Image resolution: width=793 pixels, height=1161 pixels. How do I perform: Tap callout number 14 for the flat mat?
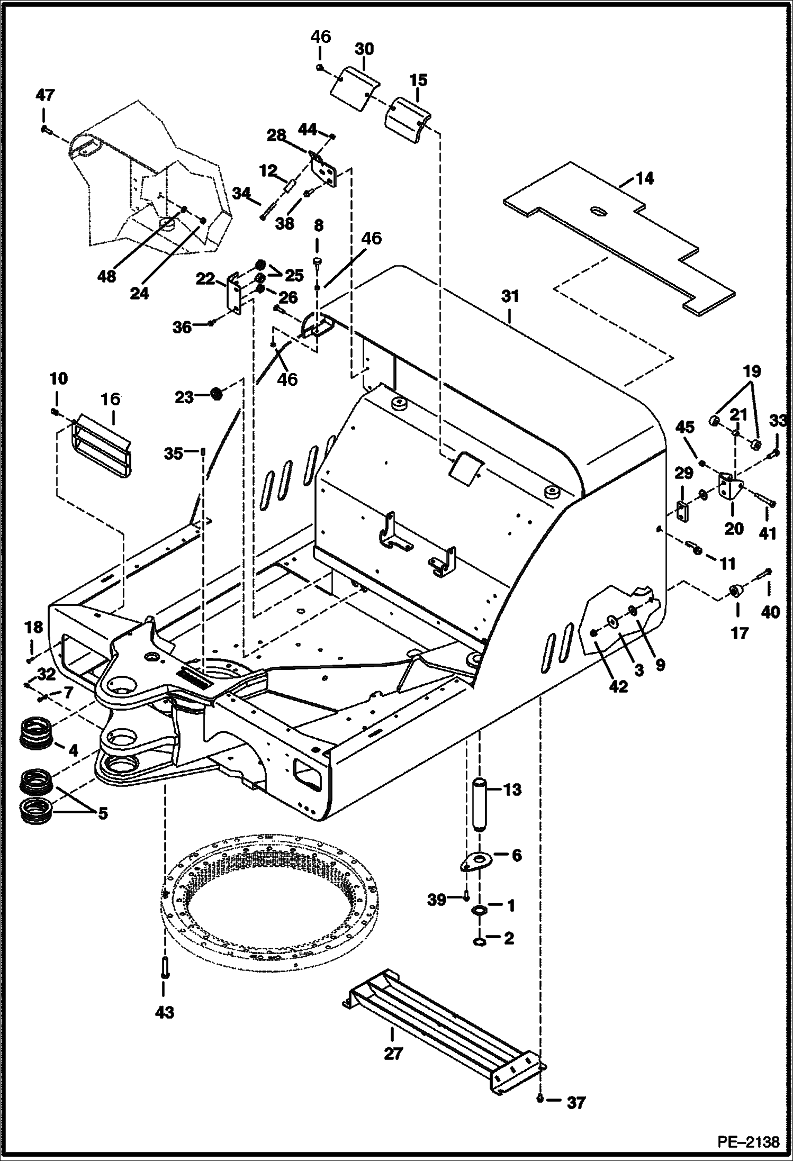(644, 178)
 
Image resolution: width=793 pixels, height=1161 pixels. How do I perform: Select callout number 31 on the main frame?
(510, 297)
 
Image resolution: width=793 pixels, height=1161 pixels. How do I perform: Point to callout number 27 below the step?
(393, 1053)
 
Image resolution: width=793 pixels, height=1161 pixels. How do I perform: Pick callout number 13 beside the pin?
(512, 790)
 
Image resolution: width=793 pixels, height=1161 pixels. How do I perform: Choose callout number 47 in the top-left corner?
(45, 96)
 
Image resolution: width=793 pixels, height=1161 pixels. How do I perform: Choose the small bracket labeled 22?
(234, 294)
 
